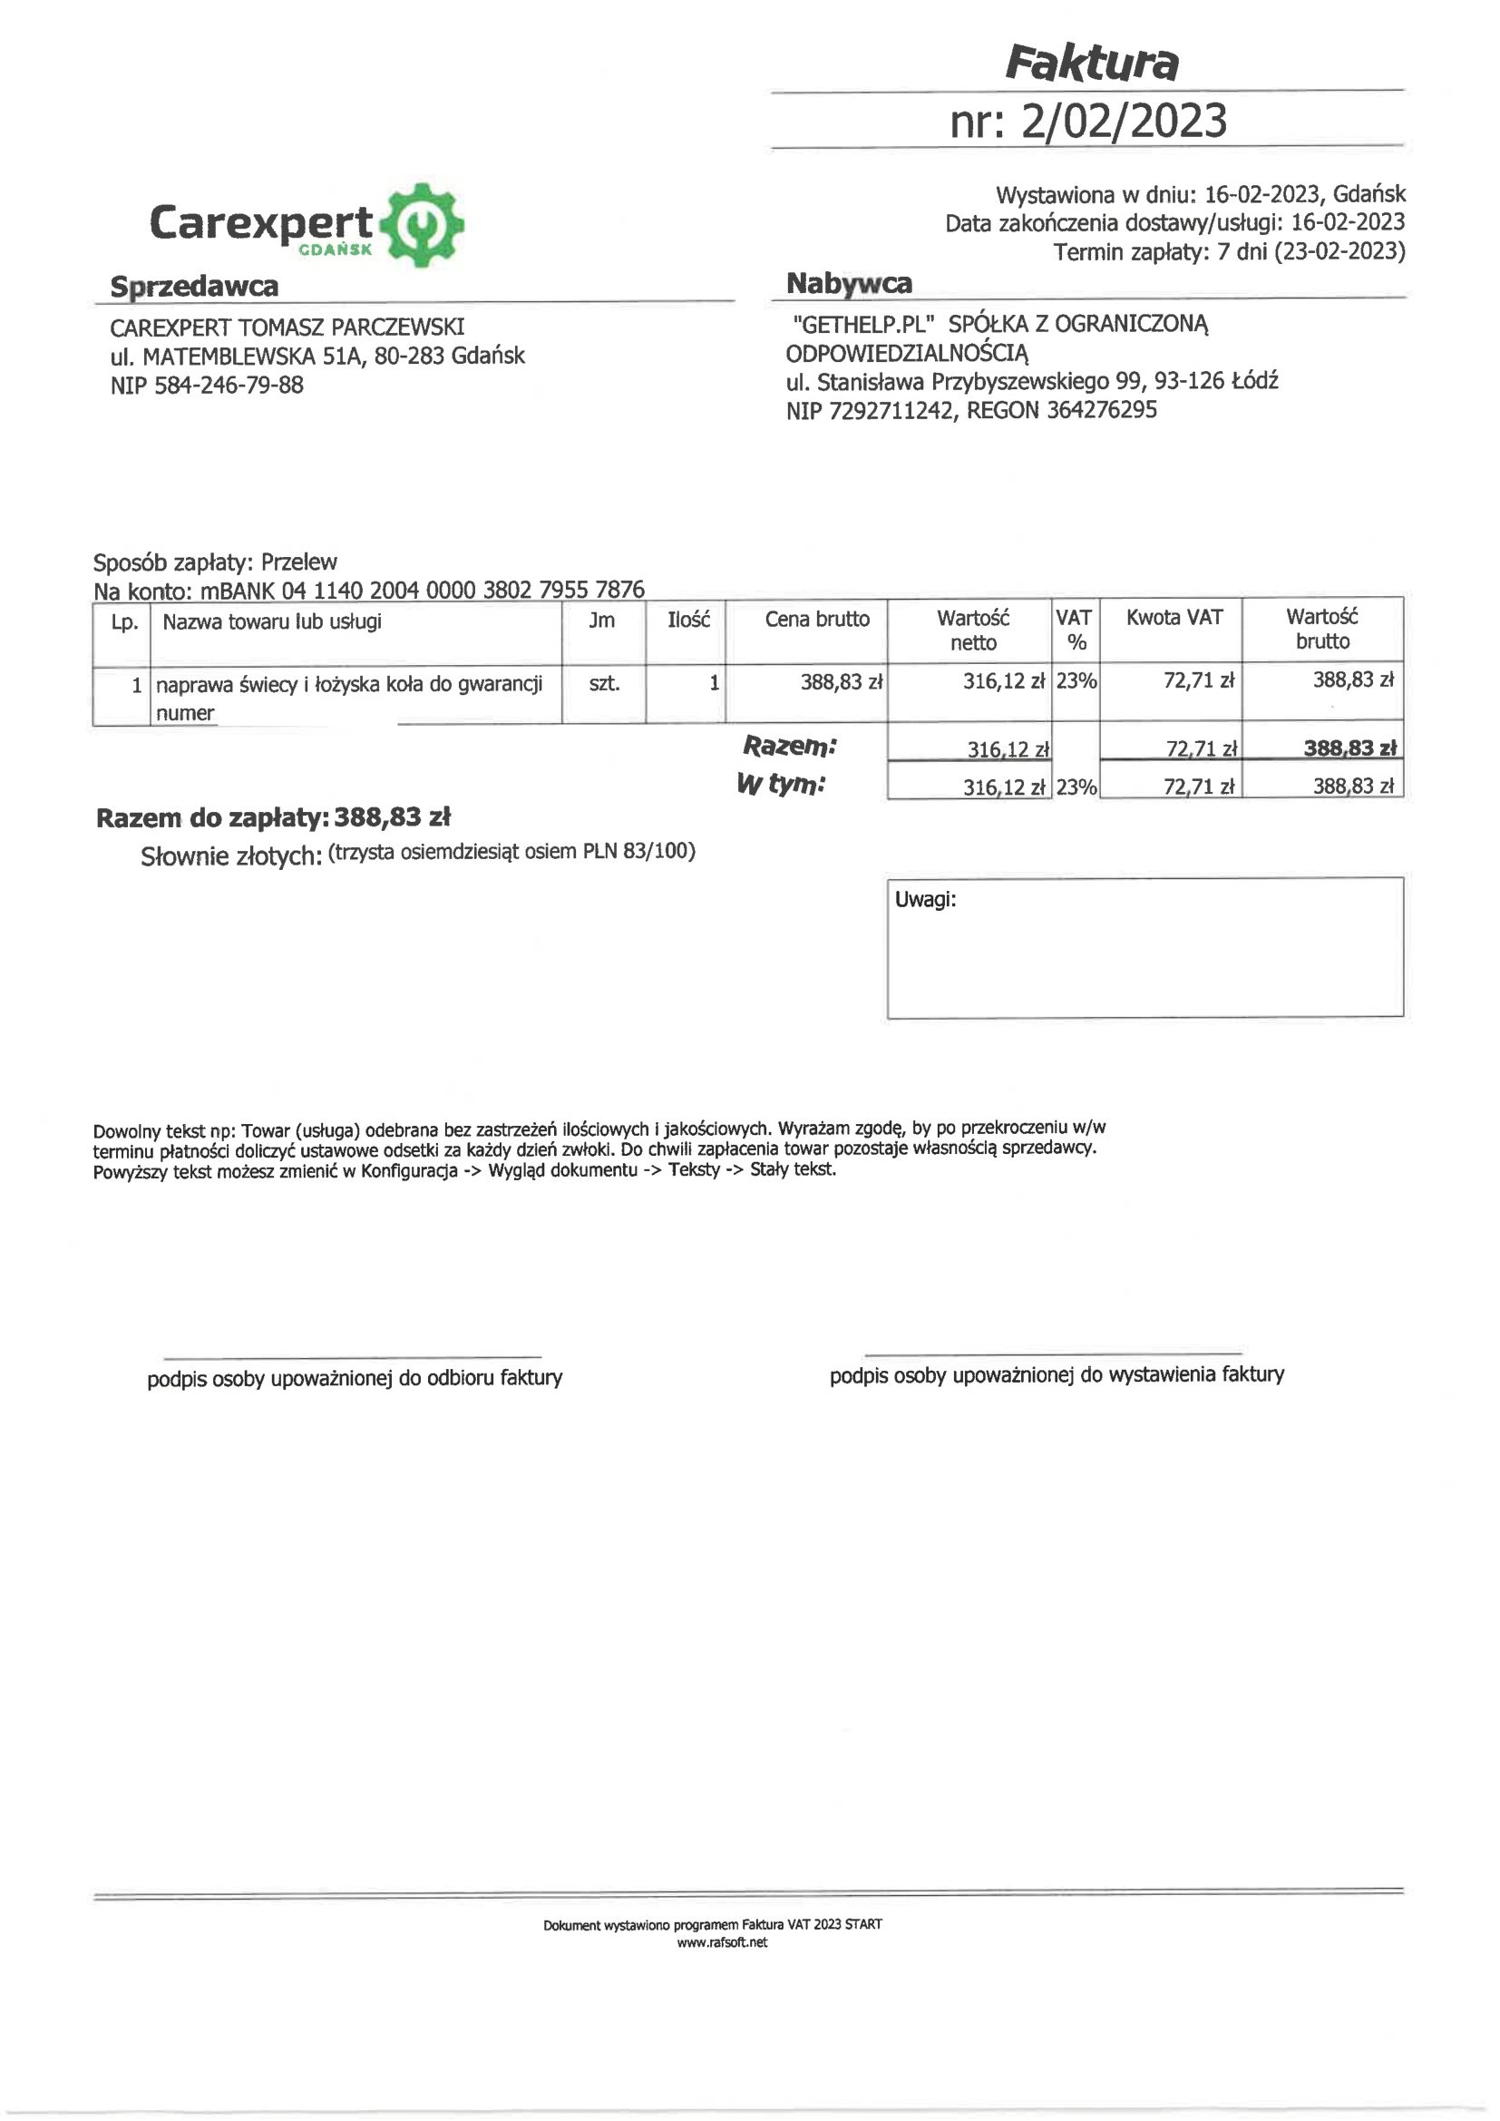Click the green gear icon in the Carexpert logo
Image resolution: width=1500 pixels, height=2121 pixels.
[423, 224]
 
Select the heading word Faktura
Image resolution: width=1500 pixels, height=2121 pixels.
[1091, 63]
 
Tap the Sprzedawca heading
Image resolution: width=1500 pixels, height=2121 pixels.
[194, 287]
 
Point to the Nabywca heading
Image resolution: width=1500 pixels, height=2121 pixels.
[849, 284]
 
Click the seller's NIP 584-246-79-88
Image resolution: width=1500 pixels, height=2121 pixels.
[229, 386]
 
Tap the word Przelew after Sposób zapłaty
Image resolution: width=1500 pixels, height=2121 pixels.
[299, 562]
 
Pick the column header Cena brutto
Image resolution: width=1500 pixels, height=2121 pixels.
[816, 619]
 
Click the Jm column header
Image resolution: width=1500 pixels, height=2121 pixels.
[601, 620]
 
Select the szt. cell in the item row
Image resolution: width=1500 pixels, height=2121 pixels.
[604, 685]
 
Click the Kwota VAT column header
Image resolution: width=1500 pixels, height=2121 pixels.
[1173, 617]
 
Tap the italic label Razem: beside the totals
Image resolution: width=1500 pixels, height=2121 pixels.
[790, 746]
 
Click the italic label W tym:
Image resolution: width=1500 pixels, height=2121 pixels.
[781, 786]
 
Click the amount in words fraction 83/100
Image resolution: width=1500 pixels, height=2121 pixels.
[658, 851]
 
